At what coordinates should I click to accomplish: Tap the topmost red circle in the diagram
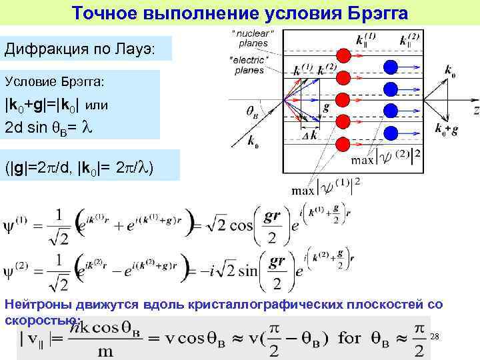[x=344, y=55]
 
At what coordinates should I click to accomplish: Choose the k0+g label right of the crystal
[x=446, y=130]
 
